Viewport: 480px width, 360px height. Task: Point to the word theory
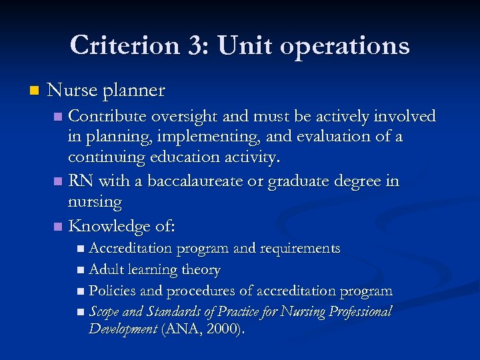click(x=201, y=271)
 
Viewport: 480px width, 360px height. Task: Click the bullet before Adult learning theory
click(x=81, y=271)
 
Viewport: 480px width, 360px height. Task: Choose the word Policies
click(x=113, y=291)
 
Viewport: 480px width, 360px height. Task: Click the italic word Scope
click(x=104, y=313)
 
